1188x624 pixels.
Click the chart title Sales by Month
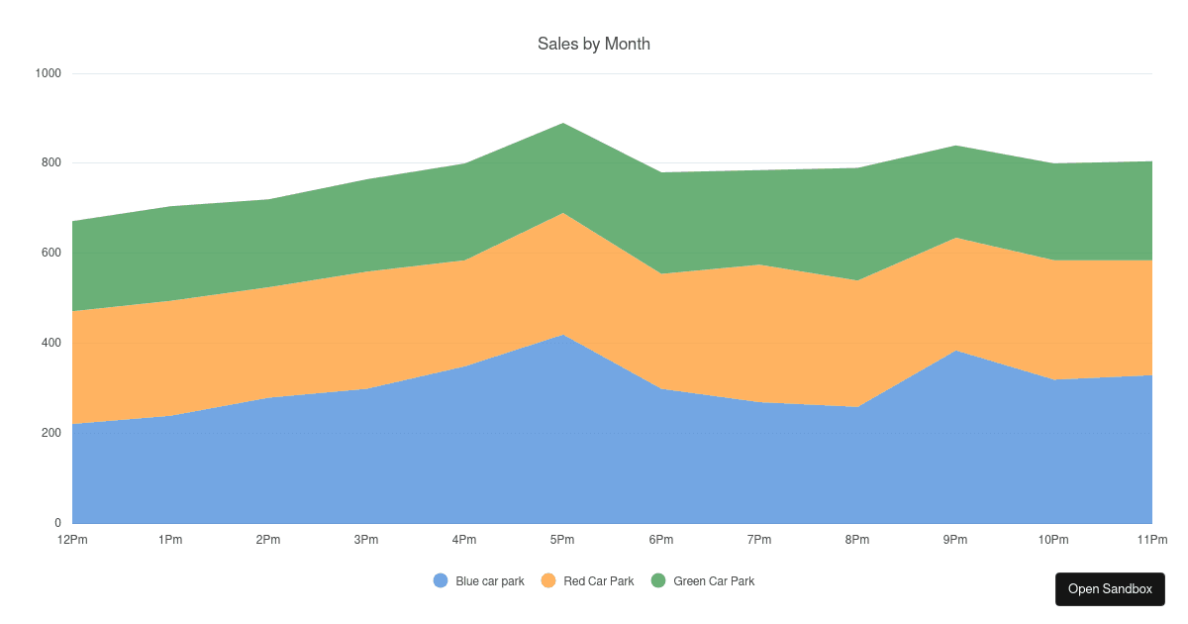[x=593, y=44]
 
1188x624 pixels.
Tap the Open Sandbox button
[x=1110, y=589]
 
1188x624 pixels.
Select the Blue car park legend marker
[x=441, y=580]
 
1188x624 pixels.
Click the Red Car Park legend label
[x=598, y=581]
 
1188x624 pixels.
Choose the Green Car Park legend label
[x=714, y=581]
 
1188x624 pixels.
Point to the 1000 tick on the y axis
[x=49, y=73]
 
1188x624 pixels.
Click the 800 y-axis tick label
[x=51, y=162]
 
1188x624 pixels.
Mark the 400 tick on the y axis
[x=51, y=343]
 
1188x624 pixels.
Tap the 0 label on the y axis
[x=57, y=523]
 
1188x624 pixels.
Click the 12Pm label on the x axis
[x=72, y=540]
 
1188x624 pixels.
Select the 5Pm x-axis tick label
[x=562, y=540]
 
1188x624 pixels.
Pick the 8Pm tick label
[x=857, y=540]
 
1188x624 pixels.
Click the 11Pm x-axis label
[x=1152, y=540]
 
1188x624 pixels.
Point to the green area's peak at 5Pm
[x=562, y=123]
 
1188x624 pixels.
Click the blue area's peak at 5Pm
[x=562, y=335]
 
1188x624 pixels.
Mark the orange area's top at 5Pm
[x=562, y=213]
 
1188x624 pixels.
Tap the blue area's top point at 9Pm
[x=955, y=351]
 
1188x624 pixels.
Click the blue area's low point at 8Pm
[x=857, y=407]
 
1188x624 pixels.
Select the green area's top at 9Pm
[x=955, y=146]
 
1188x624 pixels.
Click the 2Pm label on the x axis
[x=268, y=540]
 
